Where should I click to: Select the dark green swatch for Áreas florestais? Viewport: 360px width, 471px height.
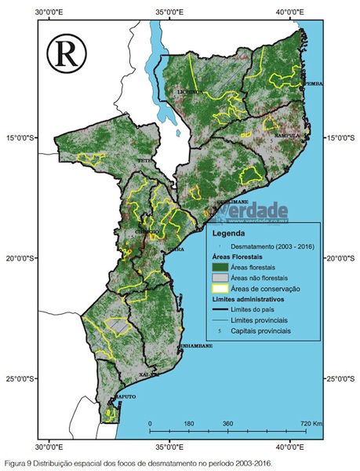coord(221,267)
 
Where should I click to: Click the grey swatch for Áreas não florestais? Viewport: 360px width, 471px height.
coord(221,278)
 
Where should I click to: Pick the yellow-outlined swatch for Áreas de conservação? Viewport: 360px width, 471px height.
coord(221,289)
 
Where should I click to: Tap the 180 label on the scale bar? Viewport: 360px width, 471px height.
coord(188,424)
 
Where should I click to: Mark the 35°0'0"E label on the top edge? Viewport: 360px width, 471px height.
coord(169,12)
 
